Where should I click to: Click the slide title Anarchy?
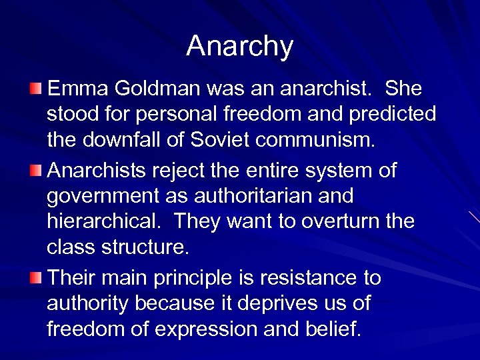239,46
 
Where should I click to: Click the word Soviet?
219,141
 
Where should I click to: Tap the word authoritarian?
245,197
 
